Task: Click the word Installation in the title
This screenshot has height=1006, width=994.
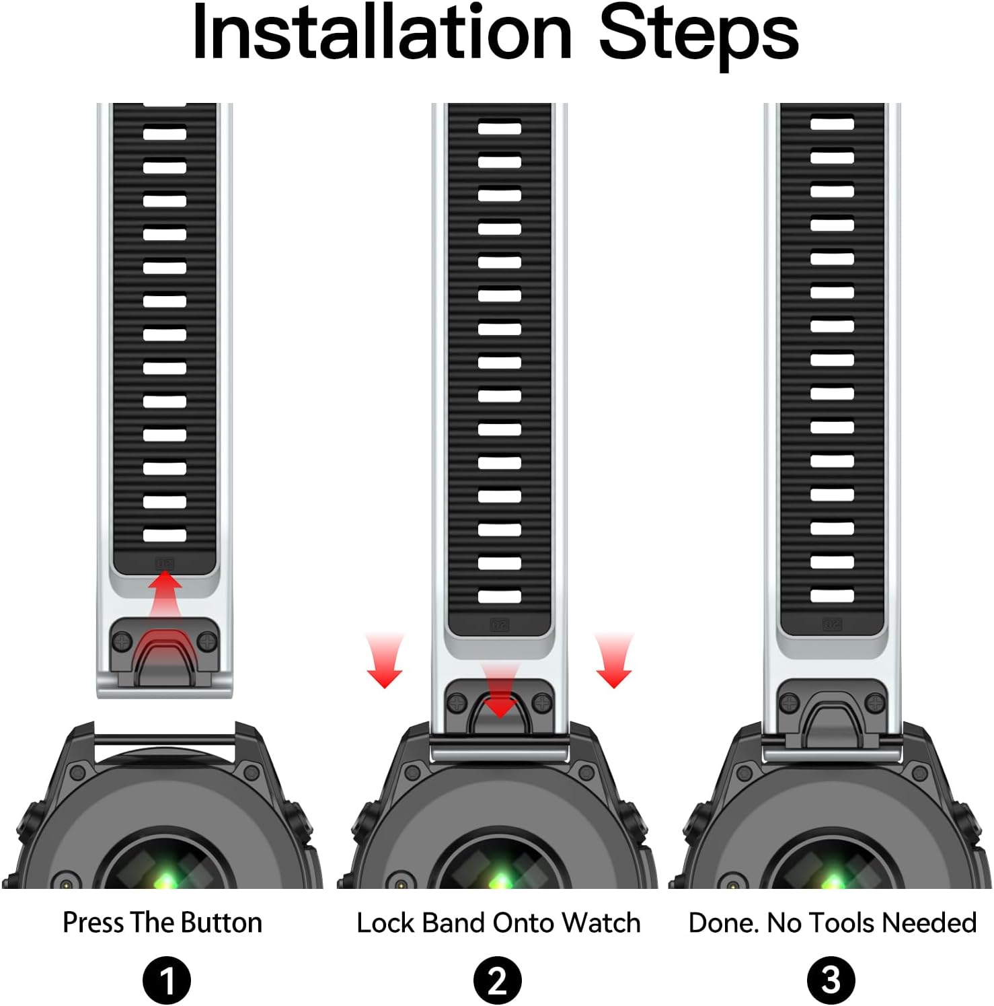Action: (382, 32)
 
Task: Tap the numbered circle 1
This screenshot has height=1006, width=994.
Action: (167, 980)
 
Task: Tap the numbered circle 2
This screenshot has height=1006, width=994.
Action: (498, 980)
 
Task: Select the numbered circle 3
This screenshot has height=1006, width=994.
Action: (831, 980)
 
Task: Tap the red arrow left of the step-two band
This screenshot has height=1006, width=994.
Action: (385, 660)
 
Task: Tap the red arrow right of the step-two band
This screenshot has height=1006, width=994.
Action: (613, 660)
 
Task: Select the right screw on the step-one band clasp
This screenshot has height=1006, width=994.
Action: (208, 641)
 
